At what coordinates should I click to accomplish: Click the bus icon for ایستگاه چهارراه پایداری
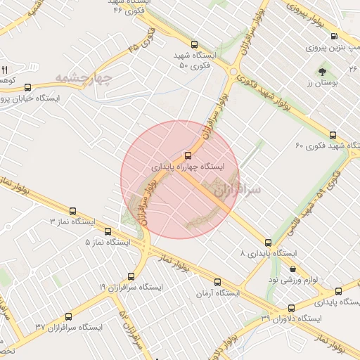(187, 155)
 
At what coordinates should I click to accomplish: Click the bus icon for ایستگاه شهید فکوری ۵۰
(194, 44)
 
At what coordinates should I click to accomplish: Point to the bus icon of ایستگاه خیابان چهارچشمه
(28, 88)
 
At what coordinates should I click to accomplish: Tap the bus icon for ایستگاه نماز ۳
(73, 210)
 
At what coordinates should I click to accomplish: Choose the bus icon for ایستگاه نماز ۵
(108, 231)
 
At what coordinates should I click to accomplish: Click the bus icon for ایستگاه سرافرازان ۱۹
(131, 276)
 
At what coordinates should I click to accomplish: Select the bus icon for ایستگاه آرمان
(217, 281)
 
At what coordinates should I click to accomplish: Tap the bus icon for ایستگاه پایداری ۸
(269, 242)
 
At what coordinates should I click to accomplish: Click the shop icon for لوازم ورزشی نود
(292, 269)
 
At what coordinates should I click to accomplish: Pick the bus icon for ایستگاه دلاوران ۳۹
(292, 308)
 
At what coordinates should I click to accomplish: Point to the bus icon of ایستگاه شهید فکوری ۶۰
(333, 135)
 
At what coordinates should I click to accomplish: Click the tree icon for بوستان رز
(322, 72)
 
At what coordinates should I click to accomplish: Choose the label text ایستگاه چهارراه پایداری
(188, 168)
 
